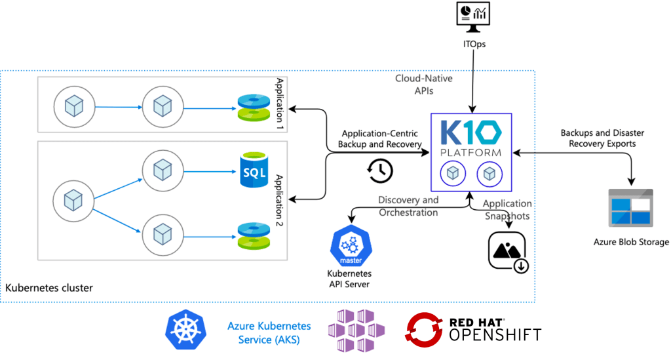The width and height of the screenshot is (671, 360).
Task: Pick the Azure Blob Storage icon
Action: (631, 209)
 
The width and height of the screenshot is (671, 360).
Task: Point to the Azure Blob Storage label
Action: (631, 242)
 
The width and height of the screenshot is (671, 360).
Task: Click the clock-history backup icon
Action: (379, 170)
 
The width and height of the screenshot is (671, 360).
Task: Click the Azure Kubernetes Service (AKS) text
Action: (269, 332)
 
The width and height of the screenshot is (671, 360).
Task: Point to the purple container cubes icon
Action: (356, 330)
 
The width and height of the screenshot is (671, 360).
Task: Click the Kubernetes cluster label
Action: (49, 288)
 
